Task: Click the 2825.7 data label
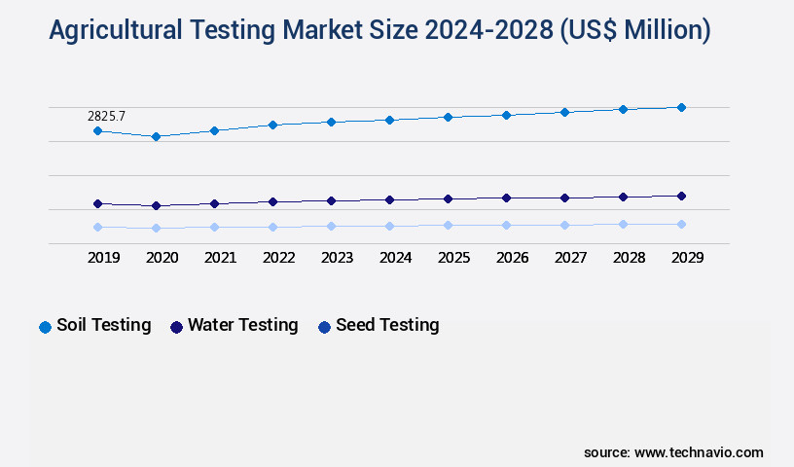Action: coord(107,116)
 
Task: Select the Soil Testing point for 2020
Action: coord(156,136)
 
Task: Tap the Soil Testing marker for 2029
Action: coord(681,107)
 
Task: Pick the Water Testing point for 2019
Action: coord(97,203)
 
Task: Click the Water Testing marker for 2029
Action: coord(681,196)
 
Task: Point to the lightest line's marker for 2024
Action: coord(389,226)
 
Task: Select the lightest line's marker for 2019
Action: coord(97,227)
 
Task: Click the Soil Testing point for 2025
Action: coord(448,117)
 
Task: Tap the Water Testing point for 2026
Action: coord(506,198)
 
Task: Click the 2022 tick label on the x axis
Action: coord(278,258)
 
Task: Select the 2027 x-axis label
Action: coord(570,258)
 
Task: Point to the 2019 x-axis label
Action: coord(103,258)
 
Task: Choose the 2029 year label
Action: coord(687,258)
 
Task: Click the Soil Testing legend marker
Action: coord(45,327)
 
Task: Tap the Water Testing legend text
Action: coord(242,325)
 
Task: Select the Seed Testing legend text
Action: coord(387,325)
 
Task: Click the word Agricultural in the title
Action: coord(114,31)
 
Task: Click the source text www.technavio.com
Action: coord(699,452)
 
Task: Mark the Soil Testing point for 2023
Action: coord(331,122)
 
